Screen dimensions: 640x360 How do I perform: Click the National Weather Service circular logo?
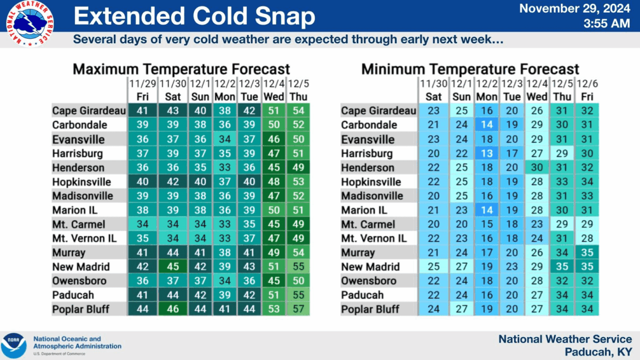pos(30,24)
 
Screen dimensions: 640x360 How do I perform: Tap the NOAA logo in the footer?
pos(14,346)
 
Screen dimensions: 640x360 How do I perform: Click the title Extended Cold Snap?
pos(194,16)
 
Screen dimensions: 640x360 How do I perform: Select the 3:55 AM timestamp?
pos(607,24)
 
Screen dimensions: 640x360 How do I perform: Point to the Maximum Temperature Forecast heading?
pos(181,69)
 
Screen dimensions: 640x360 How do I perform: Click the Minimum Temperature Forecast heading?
pos(470,69)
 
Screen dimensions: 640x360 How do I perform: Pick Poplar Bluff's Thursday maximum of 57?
pos(298,309)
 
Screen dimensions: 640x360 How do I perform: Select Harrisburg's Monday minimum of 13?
pos(486,154)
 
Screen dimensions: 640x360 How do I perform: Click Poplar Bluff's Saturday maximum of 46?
pos(173,309)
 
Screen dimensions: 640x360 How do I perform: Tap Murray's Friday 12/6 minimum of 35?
pos(587,253)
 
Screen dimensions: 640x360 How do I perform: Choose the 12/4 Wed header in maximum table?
pos(274,90)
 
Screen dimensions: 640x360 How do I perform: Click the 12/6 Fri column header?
pos(587,90)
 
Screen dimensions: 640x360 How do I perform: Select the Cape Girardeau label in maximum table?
pos(89,111)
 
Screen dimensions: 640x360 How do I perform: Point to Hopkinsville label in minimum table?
pos(371,182)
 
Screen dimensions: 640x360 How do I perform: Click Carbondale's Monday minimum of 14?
pos(486,125)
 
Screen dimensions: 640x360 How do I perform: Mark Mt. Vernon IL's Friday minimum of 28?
pos(587,239)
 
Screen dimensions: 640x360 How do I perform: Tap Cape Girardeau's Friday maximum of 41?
pos(142,111)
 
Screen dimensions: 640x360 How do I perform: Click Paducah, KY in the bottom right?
pos(598,352)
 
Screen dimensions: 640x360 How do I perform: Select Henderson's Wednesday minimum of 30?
pos(537,168)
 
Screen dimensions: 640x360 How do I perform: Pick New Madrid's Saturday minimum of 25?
pos(433,266)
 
